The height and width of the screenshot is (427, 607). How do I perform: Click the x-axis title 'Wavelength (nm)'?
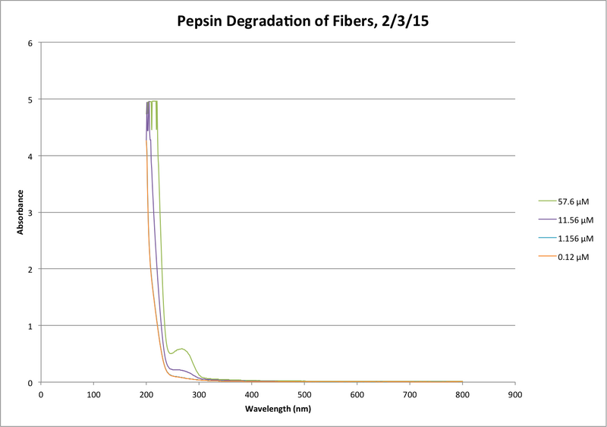(278, 409)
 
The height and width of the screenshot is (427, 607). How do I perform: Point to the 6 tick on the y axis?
(30, 43)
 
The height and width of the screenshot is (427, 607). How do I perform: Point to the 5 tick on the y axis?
(30, 100)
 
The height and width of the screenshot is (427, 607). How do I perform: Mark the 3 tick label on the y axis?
(30, 213)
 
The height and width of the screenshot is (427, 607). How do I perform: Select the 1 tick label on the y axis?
(30, 326)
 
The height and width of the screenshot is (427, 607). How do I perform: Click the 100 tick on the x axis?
(93, 395)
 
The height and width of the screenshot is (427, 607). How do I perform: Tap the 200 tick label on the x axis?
(146, 395)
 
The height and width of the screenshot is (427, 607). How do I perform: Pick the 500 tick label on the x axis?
(304, 395)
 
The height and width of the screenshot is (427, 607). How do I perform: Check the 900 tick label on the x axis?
(515, 395)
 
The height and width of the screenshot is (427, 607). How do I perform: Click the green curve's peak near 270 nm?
(182, 349)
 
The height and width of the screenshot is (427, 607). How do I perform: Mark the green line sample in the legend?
(545, 201)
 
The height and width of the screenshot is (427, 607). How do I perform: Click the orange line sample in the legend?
(545, 257)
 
